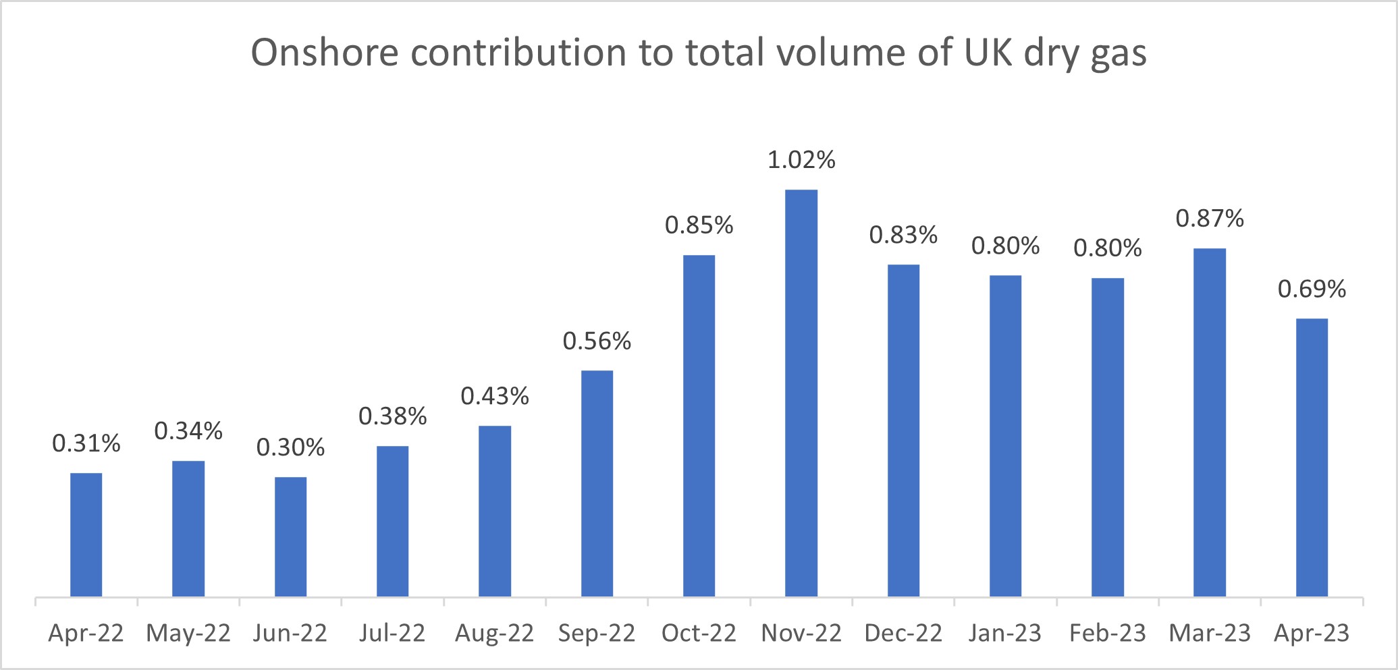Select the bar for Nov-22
[x=801, y=393]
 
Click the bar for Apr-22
[x=86, y=534]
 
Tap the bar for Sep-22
[x=597, y=483]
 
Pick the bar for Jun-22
[x=290, y=536]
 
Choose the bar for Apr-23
[x=1312, y=457]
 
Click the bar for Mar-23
[x=1210, y=422]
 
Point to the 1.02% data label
[x=801, y=160]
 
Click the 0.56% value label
[x=597, y=341]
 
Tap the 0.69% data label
[x=1312, y=289]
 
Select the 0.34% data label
[x=188, y=431]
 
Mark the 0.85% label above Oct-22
[x=699, y=225]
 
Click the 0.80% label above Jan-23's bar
[x=1005, y=246]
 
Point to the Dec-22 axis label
[x=903, y=633]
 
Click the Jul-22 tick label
[x=392, y=633]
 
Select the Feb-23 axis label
[x=1108, y=633]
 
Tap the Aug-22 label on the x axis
[x=494, y=633]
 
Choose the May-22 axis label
[x=188, y=633]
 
